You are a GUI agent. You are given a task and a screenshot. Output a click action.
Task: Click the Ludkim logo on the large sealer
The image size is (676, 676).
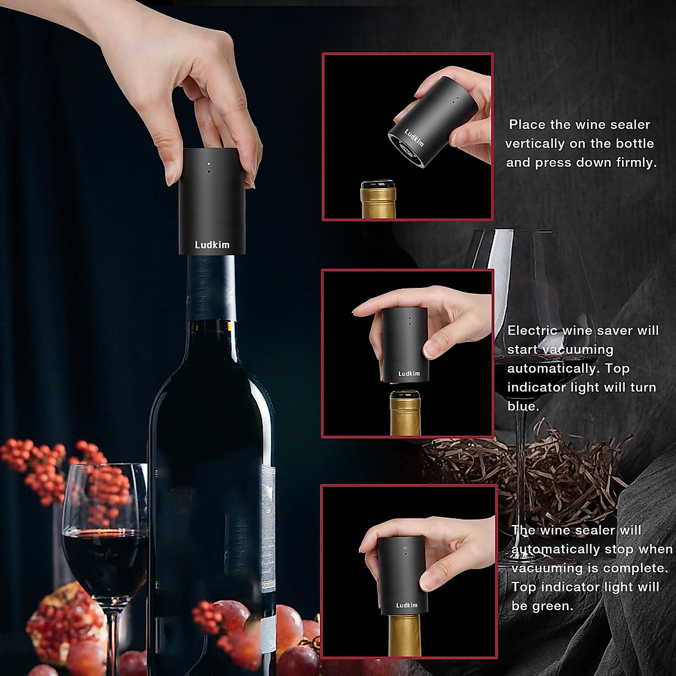tap(212, 244)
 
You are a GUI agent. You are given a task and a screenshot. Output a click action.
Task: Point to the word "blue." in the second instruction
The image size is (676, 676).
tap(523, 406)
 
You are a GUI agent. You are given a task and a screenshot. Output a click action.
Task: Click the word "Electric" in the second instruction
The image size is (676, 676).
tap(532, 331)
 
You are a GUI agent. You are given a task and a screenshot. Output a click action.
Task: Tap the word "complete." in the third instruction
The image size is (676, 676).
tap(641, 568)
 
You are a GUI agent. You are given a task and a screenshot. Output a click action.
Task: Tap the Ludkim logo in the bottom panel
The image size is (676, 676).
tap(407, 605)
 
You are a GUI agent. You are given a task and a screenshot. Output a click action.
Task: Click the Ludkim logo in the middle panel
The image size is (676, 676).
tap(409, 373)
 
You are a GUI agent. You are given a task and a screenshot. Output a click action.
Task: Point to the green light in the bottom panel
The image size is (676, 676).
tap(405, 547)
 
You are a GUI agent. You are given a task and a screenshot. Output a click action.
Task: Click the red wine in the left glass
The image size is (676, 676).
tap(104, 558)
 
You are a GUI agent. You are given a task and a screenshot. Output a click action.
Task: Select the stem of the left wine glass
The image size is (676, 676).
tap(112, 642)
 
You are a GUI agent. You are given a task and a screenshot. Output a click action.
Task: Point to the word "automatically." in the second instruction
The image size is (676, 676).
tap(554, 368)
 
